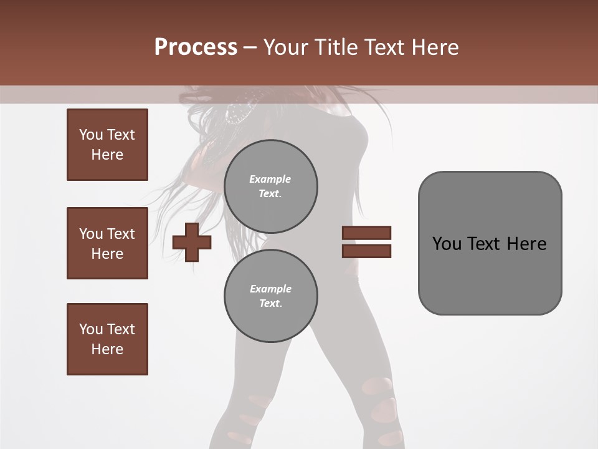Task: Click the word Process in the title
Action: click(x=196, y=47)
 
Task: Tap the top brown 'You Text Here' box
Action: click(x=107, y=145)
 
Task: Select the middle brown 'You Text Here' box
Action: click(x=107, y=243)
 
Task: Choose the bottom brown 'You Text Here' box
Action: click(x=107, y=339)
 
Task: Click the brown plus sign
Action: click(x=192, y=242)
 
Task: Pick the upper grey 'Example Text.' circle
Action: click(x=271, y=186)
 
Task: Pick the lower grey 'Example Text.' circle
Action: click(x=271, y=296)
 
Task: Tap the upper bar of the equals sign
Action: click(x=366, y=233)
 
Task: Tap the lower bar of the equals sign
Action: click(x=366, y=251)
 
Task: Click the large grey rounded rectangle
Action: click(x=490, y=274)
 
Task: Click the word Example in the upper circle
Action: click(x=270, y=179)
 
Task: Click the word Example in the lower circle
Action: click(x=270, y=289)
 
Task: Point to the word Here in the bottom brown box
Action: click(x=107, y=349)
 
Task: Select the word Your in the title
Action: click(x=286, y=47)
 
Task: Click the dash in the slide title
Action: click(x=250, y=47)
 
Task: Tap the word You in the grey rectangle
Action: click(x=447, y=243)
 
